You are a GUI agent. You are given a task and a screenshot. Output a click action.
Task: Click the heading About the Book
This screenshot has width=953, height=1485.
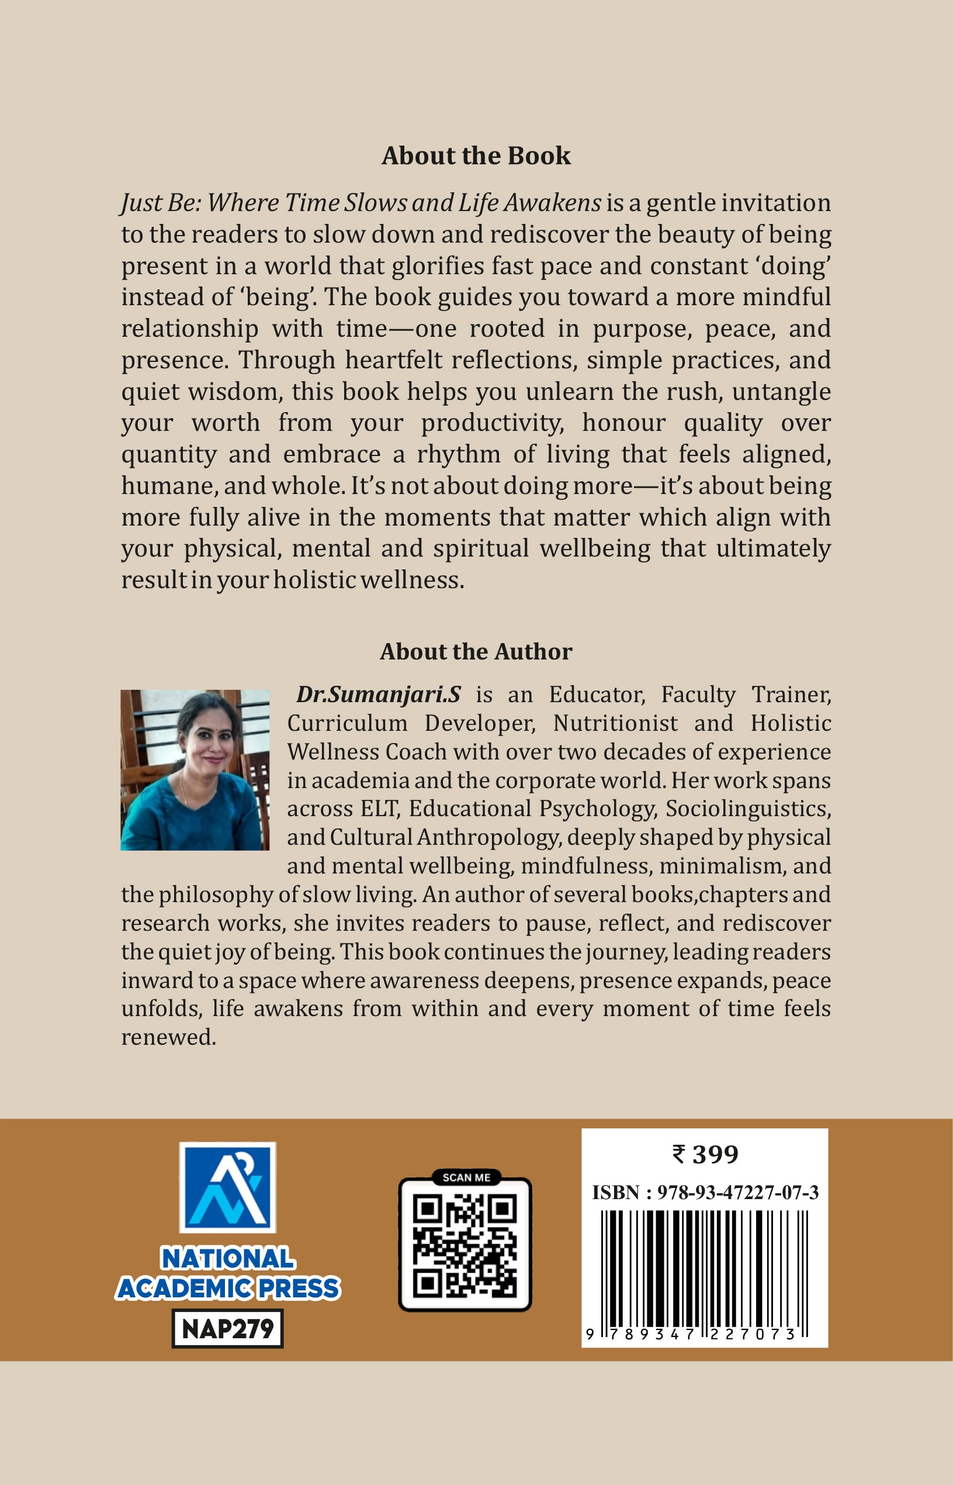tap(476, 156)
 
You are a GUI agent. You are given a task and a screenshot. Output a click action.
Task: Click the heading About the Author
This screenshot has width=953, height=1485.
tap(476, 652)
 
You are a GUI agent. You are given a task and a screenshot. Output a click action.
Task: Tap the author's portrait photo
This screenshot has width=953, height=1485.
tap(195, 769)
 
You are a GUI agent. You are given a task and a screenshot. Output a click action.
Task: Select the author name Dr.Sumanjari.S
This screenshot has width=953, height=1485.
tap(378, 695)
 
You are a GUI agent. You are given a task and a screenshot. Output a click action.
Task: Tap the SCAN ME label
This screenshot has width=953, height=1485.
tap(466, 1177)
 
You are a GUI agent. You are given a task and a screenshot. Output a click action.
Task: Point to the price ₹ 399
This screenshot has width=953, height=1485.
tap(705, 1155)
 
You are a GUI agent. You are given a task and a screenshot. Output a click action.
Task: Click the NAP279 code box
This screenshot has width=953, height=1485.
tap(227, 1328)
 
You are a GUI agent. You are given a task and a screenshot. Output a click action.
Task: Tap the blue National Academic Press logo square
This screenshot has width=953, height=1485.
tap(227, 1187)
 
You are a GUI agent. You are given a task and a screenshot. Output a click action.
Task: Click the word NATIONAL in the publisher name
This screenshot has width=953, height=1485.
tap(227, 1259)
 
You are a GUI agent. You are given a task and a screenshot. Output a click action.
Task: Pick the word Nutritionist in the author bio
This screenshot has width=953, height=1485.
tap(615, 723)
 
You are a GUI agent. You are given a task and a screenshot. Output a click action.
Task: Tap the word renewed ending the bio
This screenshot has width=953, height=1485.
tap(168, 1037)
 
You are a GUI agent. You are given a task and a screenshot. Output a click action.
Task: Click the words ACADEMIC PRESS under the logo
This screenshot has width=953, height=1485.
tap(227, 1288)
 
